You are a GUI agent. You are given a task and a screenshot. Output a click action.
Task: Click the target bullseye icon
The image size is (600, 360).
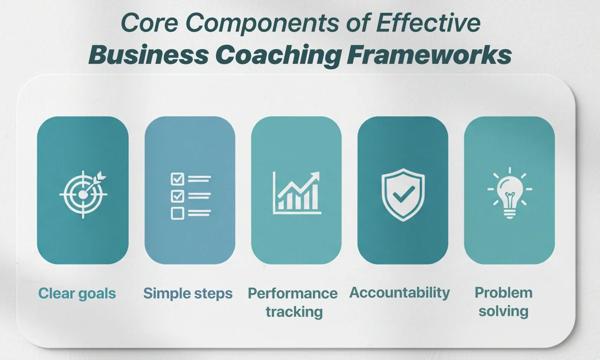[x=83, y=194]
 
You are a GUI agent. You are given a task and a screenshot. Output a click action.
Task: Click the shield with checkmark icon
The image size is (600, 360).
[x=403, y=194]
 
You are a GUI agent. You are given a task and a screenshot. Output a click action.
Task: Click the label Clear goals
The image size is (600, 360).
[x=77, y=294]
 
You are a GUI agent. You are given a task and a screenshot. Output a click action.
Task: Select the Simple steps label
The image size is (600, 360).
[x=188, y=294]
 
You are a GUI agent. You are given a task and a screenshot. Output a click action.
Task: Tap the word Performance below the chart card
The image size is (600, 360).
[x=292, y=294]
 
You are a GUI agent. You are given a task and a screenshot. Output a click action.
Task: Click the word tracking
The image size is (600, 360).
[x=294, y=312]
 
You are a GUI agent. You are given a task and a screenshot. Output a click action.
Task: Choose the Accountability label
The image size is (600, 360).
[x=400, y=293]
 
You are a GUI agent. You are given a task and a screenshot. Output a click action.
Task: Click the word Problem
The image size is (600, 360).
[x=503, y=293]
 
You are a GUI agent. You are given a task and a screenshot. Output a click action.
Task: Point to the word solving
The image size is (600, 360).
[x=503, y=311]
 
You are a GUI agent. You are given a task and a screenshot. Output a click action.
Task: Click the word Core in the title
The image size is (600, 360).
[x=149, y=23]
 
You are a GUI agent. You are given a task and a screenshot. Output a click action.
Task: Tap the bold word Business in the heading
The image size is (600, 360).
[x=148, y=55]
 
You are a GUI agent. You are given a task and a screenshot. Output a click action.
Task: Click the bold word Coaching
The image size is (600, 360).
[x=278, y=55]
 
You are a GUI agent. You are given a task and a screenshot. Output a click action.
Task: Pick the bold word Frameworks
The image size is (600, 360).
[x=429, y=55]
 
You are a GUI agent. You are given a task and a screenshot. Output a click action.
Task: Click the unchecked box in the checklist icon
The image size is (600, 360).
[x=177, y=213]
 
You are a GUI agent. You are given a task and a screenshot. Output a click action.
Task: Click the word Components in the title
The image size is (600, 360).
[x=262, y=23]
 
